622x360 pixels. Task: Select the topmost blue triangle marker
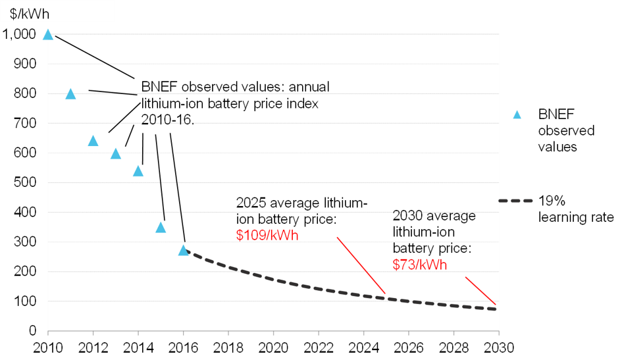tap(47, 34)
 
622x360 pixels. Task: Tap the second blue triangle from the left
tap(70, 94)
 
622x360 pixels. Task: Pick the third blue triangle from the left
tap(93, 141)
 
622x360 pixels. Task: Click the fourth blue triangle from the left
tap(116, 154)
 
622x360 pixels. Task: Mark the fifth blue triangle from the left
tap(138, 171)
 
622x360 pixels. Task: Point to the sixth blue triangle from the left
tap(161, 228)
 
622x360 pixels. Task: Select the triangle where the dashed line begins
tap(184, 250)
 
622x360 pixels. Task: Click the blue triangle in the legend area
tap(517, 115)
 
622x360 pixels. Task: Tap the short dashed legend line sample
tap(515, 200)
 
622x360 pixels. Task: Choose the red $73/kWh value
tap(420, 265)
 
